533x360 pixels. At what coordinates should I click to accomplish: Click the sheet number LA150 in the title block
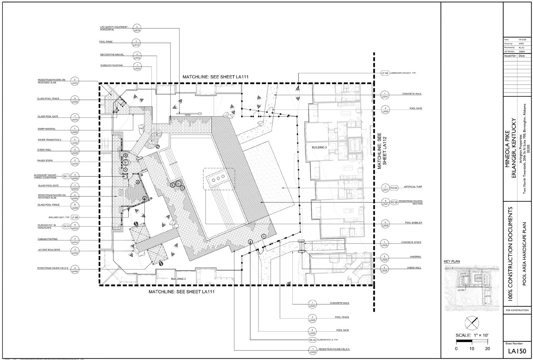tap(517, 351)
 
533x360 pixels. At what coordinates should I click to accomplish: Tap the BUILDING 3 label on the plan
tap(319, 147)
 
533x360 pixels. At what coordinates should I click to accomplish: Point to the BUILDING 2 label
tap(178, 279)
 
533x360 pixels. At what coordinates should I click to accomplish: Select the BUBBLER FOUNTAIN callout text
tap(112, 65)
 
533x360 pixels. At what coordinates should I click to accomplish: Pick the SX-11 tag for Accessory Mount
tap(66, 177)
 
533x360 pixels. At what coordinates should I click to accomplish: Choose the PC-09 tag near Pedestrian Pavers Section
tap(394, 202)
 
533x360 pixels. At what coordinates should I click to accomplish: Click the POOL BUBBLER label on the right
tap(414, 223)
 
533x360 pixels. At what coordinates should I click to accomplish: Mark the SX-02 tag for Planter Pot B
tap(313, 340)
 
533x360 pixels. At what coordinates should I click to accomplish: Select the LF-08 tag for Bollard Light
tap(75, 217)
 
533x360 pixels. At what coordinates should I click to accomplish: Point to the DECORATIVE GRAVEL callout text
tap(112, 55)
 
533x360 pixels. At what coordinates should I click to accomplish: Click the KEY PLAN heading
tap(452, 262)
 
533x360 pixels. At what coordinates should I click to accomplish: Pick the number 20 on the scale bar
tap(487, 349)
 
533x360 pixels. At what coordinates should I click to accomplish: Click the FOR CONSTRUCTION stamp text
tap(517, 310)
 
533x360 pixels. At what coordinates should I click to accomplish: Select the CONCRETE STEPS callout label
tap(411, 242)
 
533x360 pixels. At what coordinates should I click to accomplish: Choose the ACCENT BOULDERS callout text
tap(49, 250)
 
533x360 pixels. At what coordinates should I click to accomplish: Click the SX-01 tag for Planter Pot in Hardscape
tap(66, 227)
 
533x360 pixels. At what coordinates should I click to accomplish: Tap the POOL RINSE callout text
tap(106, 42)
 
